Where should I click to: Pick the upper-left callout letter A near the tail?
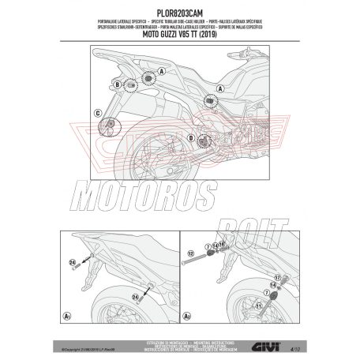163,69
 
